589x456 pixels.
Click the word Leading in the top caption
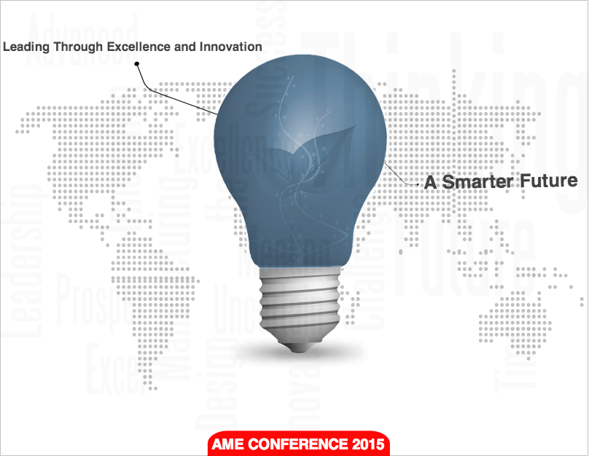(25, 47)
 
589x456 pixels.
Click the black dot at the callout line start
(136, 64)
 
